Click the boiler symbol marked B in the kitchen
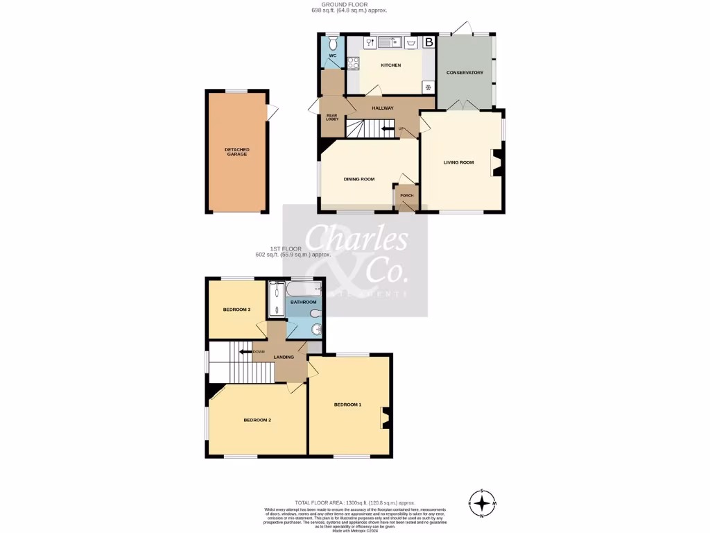[x=429, y=42]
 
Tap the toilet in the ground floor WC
[x=333, y=42]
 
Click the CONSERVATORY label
[x=465, y=73]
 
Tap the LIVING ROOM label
[x=458, y=162]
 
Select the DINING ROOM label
[x=359, y=179]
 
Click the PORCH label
[x=406, y=196]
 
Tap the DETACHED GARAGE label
[x=236, y=151]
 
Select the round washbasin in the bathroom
[x=316, y=329]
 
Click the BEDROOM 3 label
[x=236, y=310]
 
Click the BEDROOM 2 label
[x=257, y=421]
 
